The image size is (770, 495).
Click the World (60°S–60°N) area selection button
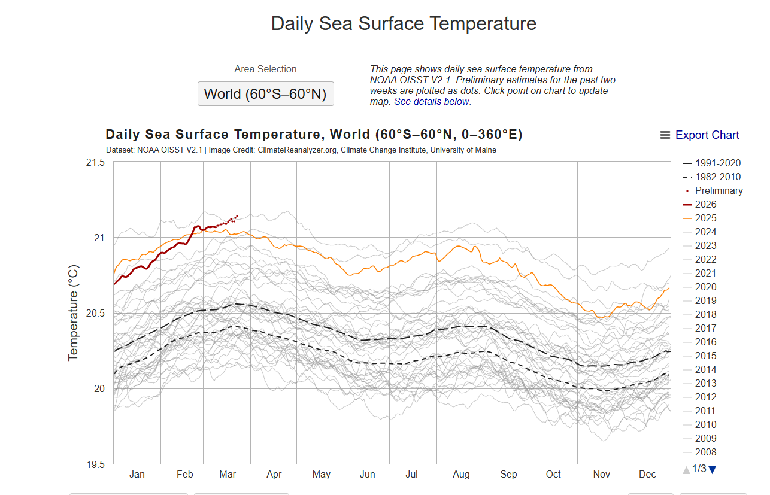point(265,94)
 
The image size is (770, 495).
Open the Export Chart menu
point(699,135)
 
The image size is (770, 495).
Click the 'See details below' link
point(431,101)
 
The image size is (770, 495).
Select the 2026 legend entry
point(705,204)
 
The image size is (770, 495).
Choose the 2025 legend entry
point(705,218)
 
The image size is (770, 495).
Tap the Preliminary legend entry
point(719,190)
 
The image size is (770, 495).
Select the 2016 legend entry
point(705,342)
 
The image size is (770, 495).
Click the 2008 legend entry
point(705,452)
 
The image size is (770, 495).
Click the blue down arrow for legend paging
point(712,470)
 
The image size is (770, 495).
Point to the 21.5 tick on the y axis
point(95,163)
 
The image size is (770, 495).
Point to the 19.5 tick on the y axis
point(95,464)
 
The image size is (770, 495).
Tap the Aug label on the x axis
point(461,474)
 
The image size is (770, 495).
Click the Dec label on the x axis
point(647,474)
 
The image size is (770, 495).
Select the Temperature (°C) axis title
point(73,313)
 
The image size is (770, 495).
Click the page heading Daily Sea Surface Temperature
point(404,23)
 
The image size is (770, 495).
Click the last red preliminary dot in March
point(237,215)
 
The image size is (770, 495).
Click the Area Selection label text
point(265,69)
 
